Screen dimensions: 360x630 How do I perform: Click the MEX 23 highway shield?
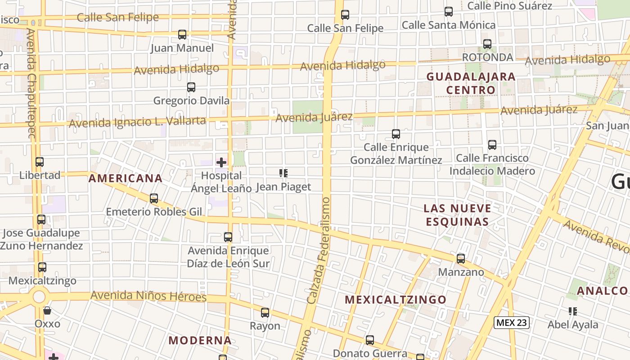pos(512,322)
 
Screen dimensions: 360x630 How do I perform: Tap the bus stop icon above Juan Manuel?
pos(182,35)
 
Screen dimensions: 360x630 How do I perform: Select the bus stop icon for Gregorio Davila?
pos(191,87)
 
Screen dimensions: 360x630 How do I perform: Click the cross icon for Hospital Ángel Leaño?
pos(221,162)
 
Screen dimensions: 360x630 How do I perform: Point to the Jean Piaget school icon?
pos(283,173)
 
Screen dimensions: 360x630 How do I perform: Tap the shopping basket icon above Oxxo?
pos(47,310)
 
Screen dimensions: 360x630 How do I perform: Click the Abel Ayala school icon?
pos(573,311)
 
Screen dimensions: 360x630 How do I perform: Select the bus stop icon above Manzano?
pos(461,259)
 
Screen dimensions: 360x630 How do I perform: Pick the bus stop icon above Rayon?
pos(265,313)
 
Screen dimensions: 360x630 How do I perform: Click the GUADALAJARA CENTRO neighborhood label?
pos(471,83)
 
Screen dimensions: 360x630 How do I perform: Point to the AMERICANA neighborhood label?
pos(126,178)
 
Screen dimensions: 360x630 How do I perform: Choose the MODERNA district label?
pos(200,340)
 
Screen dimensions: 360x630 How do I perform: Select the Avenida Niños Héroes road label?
pos(148,296)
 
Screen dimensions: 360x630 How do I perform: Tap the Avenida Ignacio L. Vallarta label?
pos(137,121)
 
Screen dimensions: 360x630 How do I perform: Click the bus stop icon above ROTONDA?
pos(487,44)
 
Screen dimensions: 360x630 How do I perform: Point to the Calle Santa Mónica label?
pos(448,25)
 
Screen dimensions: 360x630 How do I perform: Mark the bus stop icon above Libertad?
pos(40,162)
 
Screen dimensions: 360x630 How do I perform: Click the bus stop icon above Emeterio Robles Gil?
pos(154,198)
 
